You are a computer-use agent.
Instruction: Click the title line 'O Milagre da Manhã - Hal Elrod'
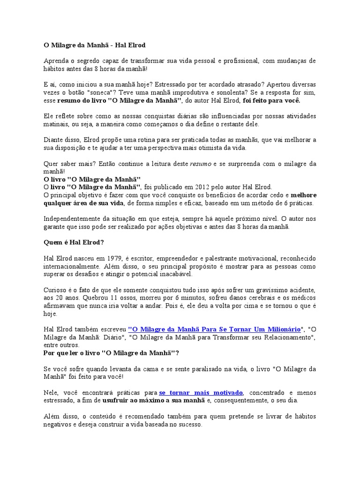(94, 45)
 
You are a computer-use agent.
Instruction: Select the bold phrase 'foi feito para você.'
(271, 100)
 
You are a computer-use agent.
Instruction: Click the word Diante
(54, 140)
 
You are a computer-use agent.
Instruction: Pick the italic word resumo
(201, 164)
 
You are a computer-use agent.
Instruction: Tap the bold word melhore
(303, 195)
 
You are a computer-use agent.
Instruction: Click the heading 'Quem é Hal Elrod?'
(74, 243)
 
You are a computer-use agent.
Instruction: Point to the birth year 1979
(114, 259)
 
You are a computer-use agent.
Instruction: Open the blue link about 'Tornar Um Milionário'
(214, 330)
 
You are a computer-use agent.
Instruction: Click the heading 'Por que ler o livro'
(111, 353)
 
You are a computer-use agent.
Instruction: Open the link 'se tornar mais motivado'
(201, 392)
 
